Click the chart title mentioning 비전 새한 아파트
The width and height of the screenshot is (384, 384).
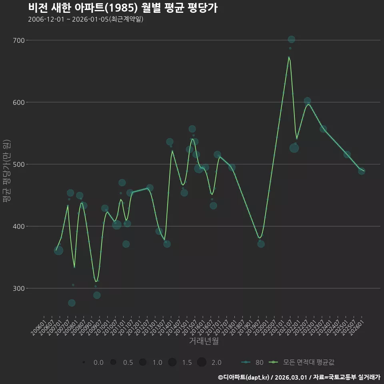pos(123,8)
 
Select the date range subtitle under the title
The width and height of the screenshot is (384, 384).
pos(86,19)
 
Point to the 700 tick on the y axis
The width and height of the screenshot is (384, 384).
pos(19,40)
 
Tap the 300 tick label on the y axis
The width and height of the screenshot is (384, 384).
pos(19,288)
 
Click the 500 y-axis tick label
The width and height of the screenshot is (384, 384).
pos(19,164)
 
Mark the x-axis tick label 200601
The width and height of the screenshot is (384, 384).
pos(38,328)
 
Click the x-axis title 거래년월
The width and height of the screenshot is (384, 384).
pos(204,341)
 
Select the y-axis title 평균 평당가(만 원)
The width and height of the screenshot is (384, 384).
pos(7,171)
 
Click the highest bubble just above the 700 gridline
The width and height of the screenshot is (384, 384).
pos(292,39)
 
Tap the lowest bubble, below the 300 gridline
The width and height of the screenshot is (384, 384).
pos(72,303)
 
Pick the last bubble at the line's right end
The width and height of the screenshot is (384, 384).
pos(362,171)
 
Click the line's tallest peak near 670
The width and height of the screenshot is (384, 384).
pos(289,57)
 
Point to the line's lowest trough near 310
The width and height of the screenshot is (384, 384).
pos(96,281)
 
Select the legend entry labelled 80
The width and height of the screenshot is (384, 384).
pos(252,362)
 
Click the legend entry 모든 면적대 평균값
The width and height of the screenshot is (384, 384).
pos(302,362)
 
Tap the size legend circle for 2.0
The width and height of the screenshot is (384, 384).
pos(202,362)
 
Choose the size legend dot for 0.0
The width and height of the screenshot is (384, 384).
pos(84,362)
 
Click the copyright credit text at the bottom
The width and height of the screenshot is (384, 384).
pos(299,377)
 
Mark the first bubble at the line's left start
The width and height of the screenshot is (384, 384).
pos(58,250)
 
